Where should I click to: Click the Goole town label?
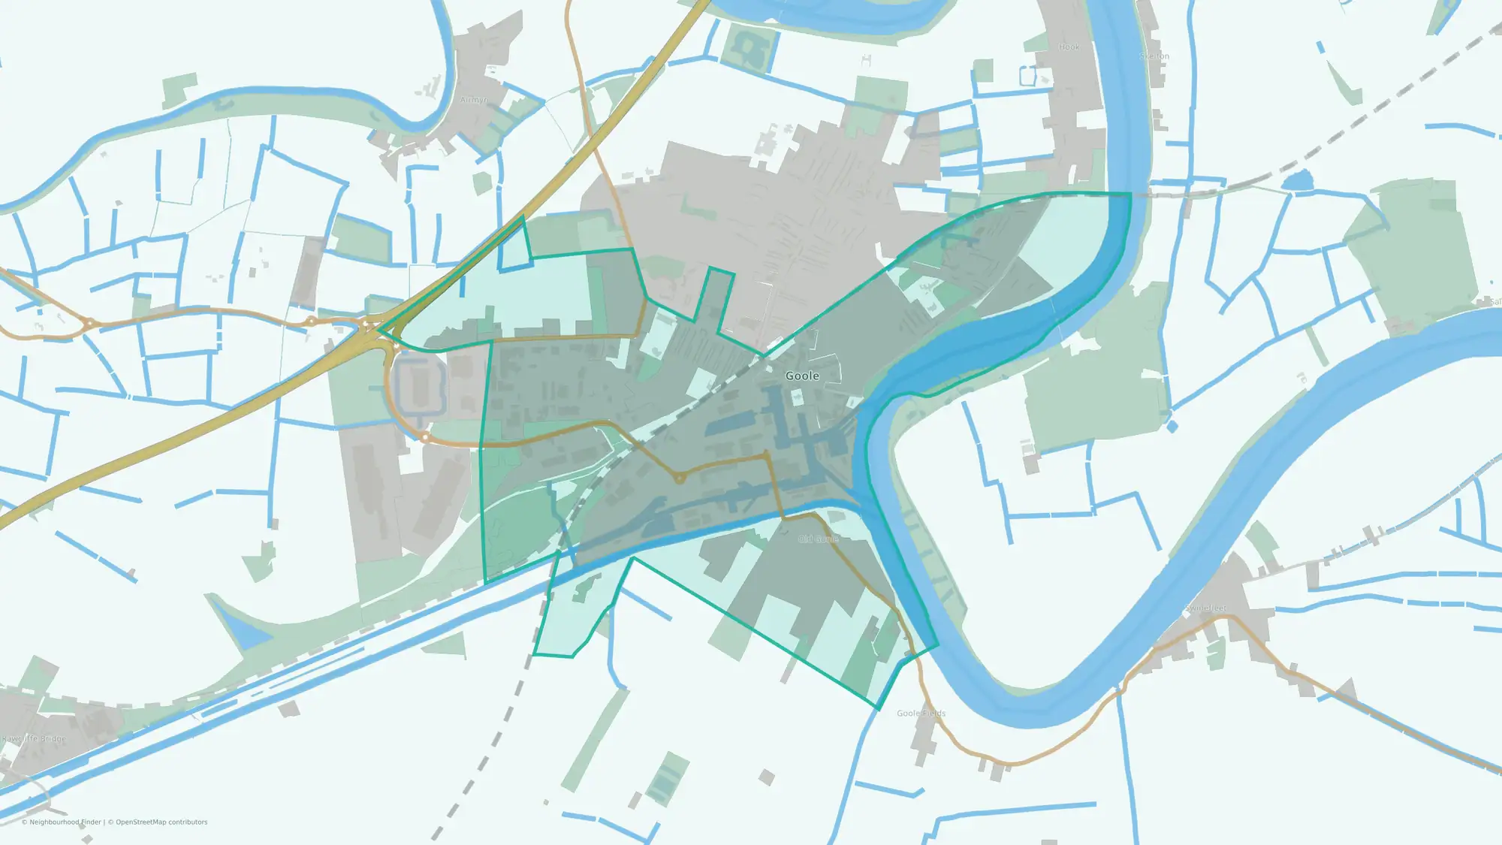802,376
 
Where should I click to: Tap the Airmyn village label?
474,100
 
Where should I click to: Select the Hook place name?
1069,47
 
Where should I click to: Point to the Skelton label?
1154,56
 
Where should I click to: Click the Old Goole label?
818,539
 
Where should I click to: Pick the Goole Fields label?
921,713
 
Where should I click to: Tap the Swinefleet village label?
1205,608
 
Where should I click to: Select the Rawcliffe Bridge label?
34,738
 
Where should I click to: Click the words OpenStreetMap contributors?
161,822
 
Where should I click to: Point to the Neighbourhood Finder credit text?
65,822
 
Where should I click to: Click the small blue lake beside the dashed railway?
1297,180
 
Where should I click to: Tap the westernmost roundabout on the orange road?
89,324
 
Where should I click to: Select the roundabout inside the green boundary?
679,478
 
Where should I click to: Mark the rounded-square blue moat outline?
419,385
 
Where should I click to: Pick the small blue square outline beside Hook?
1027,76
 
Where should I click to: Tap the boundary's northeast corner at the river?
1130,194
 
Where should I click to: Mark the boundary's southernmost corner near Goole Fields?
879,708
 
